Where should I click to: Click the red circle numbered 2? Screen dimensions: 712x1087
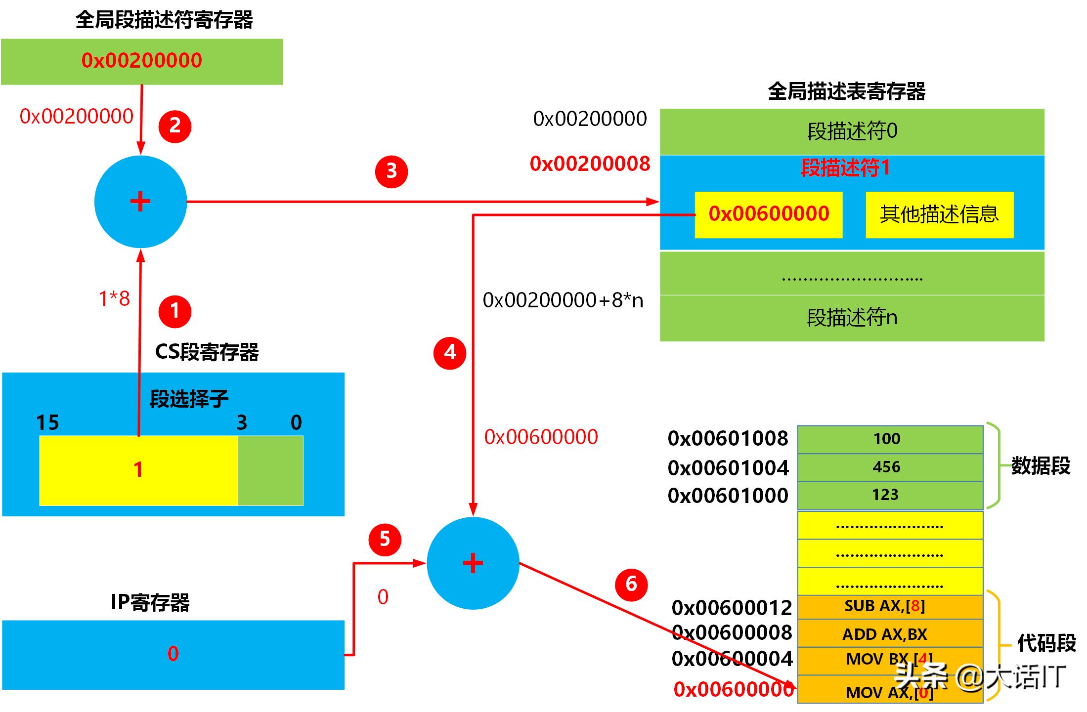174,126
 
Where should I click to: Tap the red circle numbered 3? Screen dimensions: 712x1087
391,171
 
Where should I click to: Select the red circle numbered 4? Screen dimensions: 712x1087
449,353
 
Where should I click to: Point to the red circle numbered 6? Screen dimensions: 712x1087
631,585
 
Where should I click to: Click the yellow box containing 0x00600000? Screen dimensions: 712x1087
768,214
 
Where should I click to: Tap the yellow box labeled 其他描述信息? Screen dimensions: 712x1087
939,214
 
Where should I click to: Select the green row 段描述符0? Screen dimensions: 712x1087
852,131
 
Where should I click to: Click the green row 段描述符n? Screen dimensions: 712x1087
852,318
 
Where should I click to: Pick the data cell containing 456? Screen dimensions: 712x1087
889,467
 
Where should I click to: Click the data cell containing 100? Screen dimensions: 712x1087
889,439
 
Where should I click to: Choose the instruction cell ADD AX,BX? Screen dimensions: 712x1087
889,634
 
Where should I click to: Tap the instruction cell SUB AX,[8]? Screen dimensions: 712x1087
889,606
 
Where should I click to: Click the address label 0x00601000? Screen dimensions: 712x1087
728,496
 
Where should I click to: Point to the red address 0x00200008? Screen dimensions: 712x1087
590,164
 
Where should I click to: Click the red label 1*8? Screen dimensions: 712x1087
114,298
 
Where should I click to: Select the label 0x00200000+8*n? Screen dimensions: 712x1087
563,300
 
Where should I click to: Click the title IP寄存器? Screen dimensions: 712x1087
150,602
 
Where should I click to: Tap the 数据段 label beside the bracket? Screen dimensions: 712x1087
1040,465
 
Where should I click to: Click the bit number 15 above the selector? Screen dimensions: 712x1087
47,423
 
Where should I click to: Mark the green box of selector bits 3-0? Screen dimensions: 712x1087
270,470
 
